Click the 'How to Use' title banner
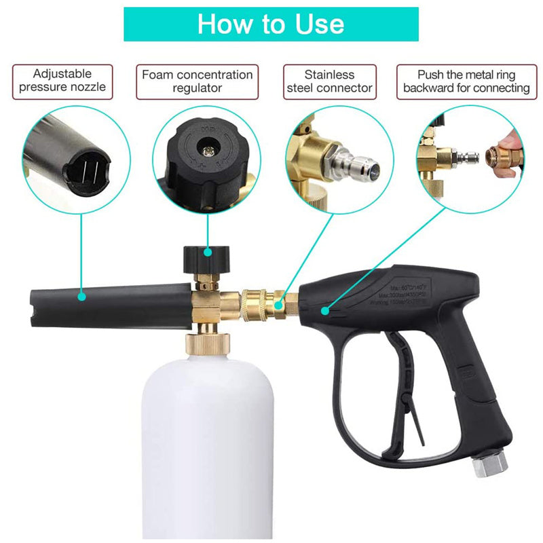click(x=271, y=24)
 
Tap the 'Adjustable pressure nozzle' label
click(x=62, y=81)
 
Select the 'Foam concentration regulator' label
click(x=197, y=81)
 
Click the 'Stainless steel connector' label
click(x=329, y=81)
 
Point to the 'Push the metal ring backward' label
click(x=466, y=81)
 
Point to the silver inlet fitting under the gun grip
click(x=489, y=466)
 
